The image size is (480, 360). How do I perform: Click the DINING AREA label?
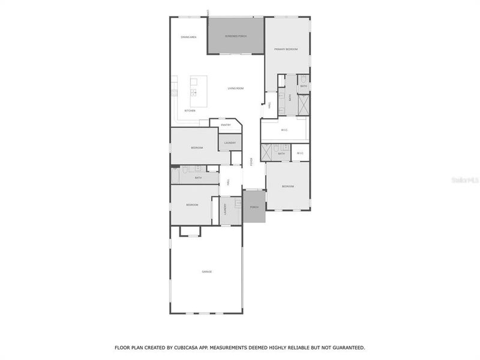coord(189,37)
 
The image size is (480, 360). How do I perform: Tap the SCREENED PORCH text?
coord(236,37)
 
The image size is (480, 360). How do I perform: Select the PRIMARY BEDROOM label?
coord(286,49)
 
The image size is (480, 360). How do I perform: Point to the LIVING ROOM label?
coord(235,89)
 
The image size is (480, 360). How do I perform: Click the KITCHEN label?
coord(190,111)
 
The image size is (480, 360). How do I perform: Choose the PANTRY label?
coord(226,125)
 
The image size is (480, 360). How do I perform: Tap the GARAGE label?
coord(206,272)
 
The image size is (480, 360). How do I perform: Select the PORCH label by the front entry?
coord(254,207)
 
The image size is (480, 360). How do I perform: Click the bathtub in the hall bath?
coord(175,175)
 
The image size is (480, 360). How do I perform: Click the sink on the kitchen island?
coord(194,92)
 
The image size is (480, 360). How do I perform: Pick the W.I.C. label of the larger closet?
coord(285,130)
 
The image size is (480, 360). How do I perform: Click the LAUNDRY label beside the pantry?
coord(230,143)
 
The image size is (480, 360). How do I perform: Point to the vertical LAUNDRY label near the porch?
coord(225,210)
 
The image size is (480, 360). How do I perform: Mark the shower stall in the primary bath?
coord(304,104)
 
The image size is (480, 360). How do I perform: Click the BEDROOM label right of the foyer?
coord(288,187)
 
